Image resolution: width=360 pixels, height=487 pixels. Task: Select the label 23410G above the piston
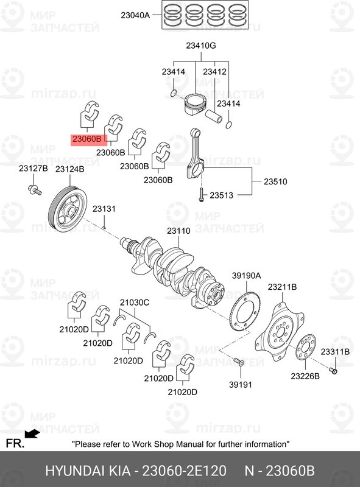point(201,46)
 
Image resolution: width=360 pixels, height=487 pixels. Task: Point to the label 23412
point(214,72)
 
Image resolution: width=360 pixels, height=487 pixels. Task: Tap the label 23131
point(104,209)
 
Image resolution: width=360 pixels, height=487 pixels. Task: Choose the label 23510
point(275,181)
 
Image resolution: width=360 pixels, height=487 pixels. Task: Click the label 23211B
point(283,287)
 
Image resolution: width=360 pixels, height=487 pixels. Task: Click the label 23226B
point(305,376)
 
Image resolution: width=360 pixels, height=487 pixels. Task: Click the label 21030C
point(135,303)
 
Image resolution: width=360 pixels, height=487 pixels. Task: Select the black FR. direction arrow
point(32,433)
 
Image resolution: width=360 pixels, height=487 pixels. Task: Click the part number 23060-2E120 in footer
point(184,471)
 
